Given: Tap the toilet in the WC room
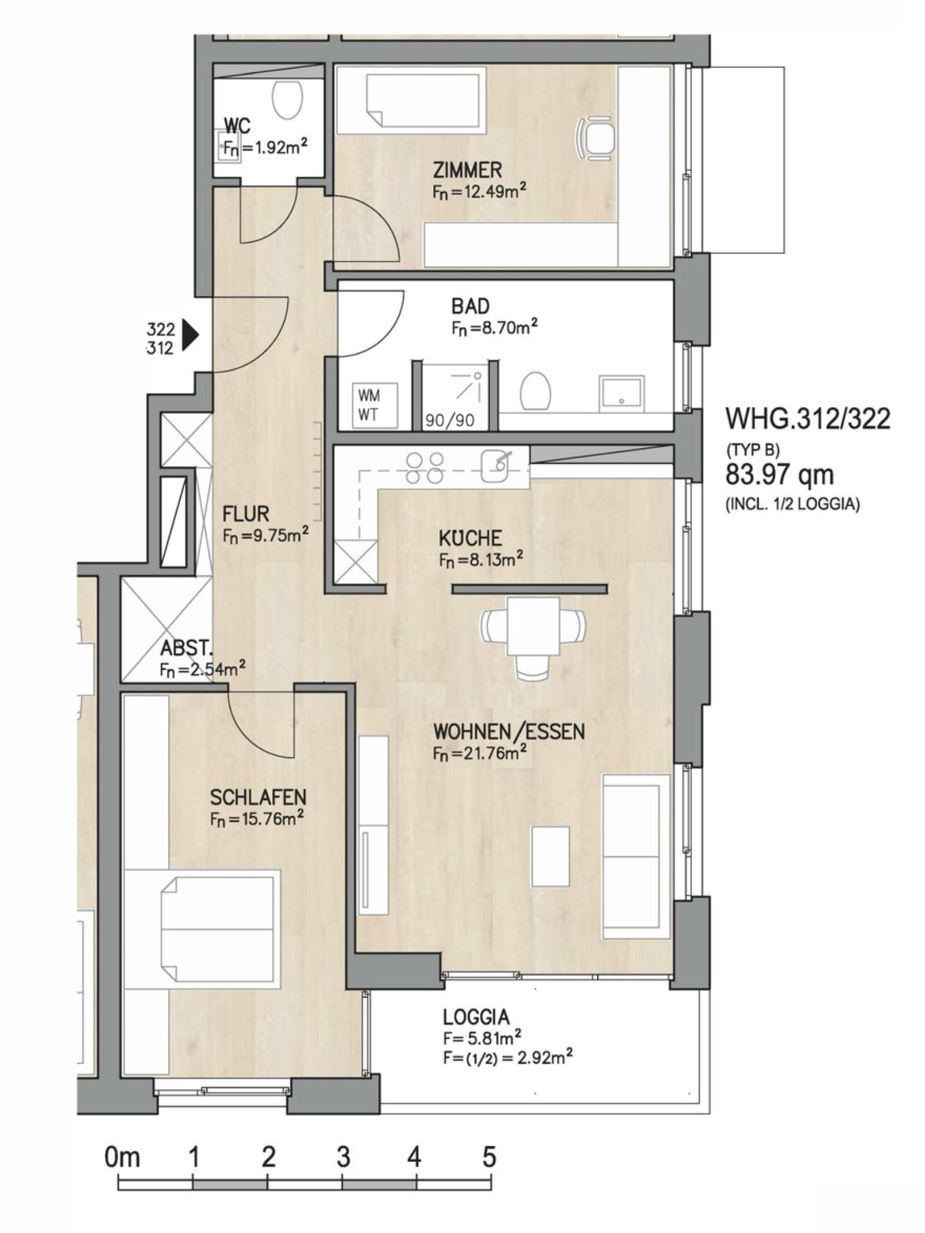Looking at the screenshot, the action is click(x=287, y=99).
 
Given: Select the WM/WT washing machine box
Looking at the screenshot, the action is click(x=375, y=405).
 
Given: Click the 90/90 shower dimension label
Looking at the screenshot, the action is click(x=450, y=420).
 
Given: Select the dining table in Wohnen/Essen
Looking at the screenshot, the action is click(x=533, y=626).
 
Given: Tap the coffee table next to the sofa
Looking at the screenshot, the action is click(x=550, y=856).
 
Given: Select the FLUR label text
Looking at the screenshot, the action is click(x=246, y=514).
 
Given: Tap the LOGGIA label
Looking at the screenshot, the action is click(x=476, y=1017).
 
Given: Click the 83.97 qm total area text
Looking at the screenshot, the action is click(x=779, y=474).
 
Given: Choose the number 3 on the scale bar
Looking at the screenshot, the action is click(x=343, y=1157).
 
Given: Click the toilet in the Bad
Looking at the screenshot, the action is click(x=535, y=390).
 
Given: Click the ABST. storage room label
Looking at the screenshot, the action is click(x=186, y=648).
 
